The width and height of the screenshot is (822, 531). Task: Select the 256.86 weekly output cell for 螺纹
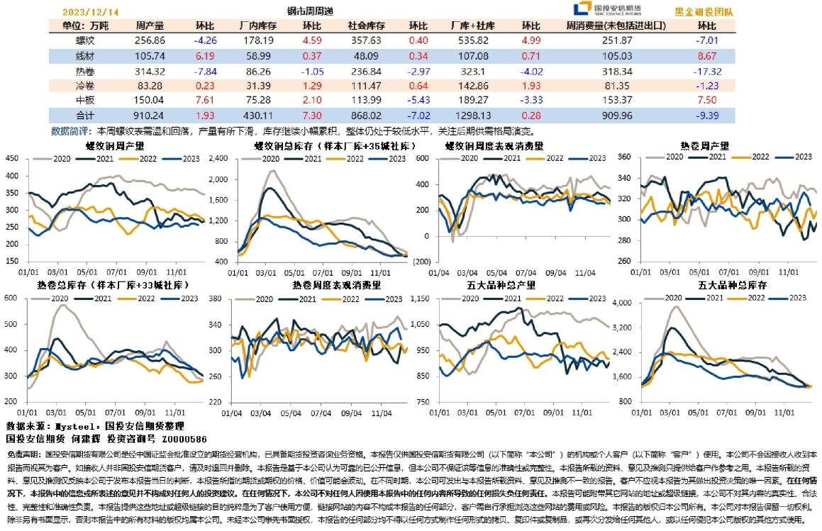[x=150, y=40]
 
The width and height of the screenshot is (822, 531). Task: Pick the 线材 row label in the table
[x=84, y=56]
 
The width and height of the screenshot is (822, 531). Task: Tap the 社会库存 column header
[x=366, y=26]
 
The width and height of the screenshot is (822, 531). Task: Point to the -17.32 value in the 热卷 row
[x=709, y=71]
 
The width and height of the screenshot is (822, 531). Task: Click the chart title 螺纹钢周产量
[x=115, y=146]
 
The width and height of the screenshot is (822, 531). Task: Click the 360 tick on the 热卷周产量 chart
[x=624, y=157]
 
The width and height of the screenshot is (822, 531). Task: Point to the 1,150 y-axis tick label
[x=421, y=298]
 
